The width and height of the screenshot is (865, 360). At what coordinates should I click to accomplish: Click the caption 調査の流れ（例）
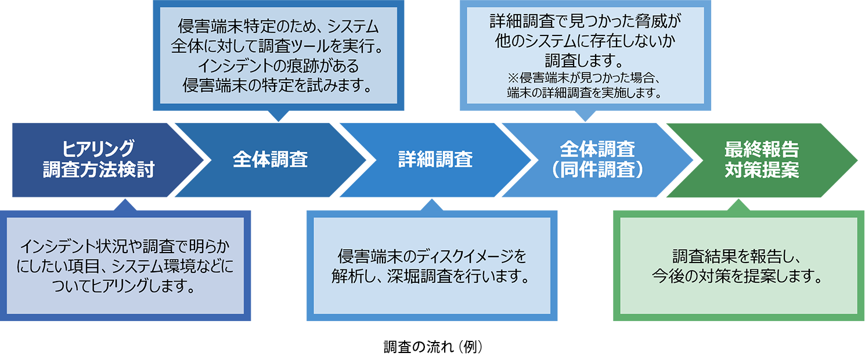(x=433, y=347)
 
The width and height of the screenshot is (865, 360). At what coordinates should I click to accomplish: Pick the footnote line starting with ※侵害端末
(x=585, y=78)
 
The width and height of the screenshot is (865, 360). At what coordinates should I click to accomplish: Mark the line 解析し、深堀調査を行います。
(x=432, y=276)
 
